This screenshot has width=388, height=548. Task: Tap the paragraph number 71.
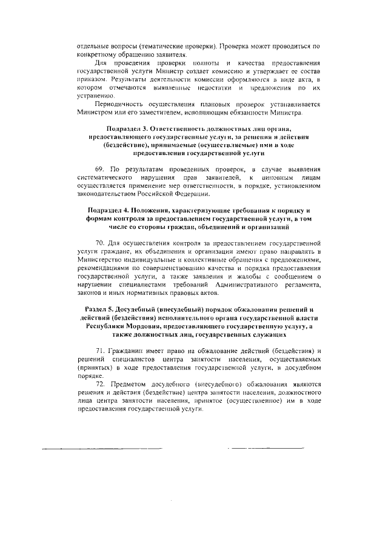click(x=101, y=351)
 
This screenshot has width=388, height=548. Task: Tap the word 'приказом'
click(x=85, y=79)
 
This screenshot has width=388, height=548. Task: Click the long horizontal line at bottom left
click(x=103, y=449)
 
